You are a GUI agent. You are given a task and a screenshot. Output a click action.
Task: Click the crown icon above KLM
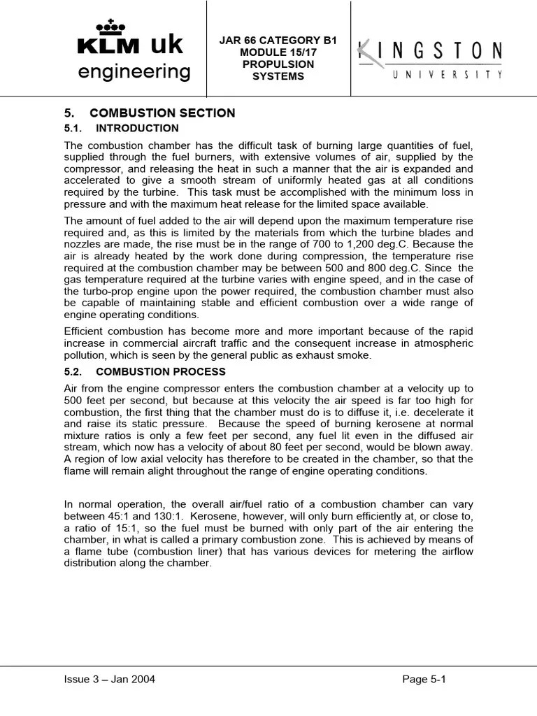coord(110,26)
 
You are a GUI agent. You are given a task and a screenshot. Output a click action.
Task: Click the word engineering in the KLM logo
coord(134,71)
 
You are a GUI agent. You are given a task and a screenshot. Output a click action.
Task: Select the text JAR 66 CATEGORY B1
coord(278,41)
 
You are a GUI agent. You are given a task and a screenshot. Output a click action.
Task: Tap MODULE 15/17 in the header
coord(278,52)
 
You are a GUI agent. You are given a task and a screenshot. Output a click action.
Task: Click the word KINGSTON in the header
coord(430,52)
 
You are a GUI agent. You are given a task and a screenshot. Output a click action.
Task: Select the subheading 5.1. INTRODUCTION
coord(122,129)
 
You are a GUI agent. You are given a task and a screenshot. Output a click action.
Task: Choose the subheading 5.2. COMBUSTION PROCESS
coord(145,372)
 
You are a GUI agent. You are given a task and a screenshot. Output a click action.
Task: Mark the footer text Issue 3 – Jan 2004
coord(110,679)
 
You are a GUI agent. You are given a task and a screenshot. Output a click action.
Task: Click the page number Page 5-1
coord(424,679)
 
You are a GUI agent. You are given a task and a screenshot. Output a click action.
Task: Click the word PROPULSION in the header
coord(278,64)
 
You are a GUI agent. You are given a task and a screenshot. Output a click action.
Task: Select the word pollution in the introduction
coord(85,356)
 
